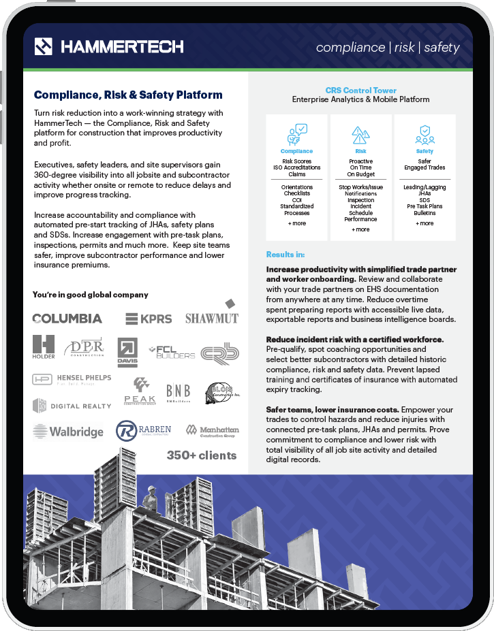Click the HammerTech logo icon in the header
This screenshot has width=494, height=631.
(x=44, y=46)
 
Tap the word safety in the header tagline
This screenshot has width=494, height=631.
(x=442, y=48)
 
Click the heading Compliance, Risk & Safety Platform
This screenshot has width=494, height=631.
(x=128, y=95)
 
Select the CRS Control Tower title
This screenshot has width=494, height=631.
(x=360, y=90)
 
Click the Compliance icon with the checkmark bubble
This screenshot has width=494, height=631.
(x=297, y=133)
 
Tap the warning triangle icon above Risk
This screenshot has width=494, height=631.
(x=360, y=134)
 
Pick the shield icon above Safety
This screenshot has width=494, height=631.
(x=424, y=133)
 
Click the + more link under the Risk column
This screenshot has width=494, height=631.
(x=360, y=229)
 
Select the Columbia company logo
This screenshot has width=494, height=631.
(x=67, y=319)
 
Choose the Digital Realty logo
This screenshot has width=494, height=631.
(x=72, y=406)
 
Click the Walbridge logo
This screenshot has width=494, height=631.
(x=67, y=432)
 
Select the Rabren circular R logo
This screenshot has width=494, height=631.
(x=127, y=431)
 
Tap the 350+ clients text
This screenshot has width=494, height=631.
(x=202, y=455)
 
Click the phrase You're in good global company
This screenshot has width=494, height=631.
(x=90, y=295)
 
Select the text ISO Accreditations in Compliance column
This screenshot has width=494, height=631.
(x=297, y=167)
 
